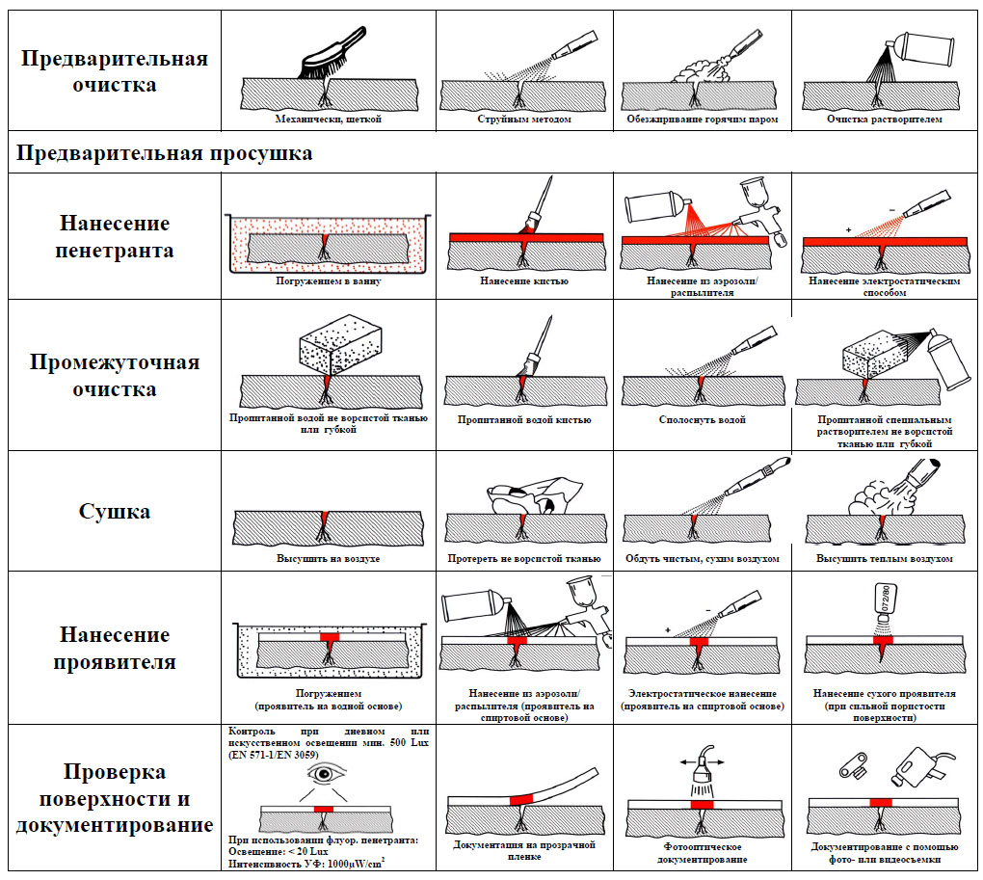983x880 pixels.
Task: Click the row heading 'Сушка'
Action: point(115,511)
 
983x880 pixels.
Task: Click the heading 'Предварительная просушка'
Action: point(165,153)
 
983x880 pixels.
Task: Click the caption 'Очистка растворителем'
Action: point(884,120)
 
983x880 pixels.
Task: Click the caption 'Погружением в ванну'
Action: point(328,281)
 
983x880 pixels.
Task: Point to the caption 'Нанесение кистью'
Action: point(524,281)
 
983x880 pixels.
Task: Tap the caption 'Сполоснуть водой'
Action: point(703,420)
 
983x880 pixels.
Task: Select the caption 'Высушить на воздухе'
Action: point(329,559)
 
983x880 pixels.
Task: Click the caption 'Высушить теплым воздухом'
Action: point(885,559)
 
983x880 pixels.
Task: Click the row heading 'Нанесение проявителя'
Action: point(115,649)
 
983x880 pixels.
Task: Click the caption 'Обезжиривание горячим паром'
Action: point(702,120)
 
